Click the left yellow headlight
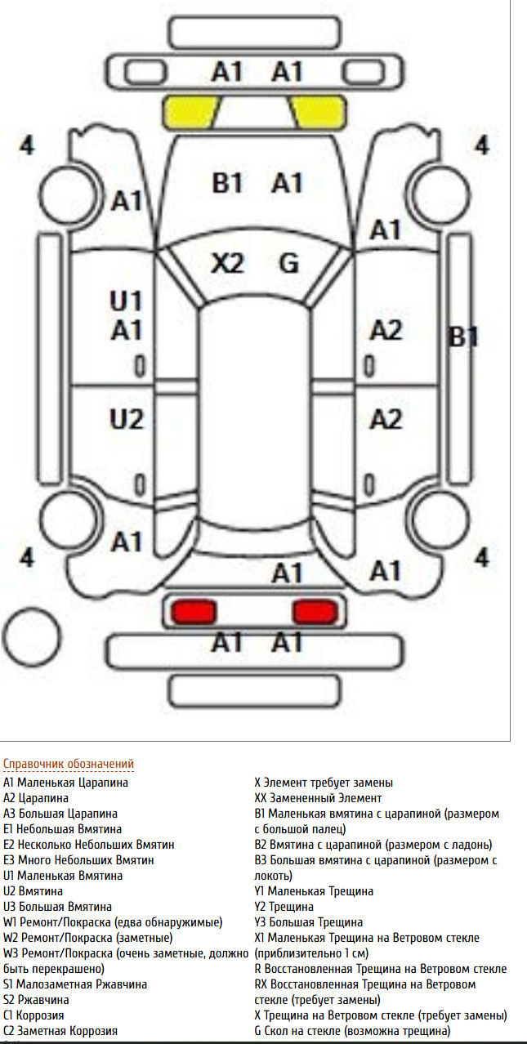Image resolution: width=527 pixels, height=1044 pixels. point(190,112)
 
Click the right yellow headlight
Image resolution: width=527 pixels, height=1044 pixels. point(319,112)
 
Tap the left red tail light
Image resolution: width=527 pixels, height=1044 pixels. point(194,612)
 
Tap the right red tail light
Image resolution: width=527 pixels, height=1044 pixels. point(315,612)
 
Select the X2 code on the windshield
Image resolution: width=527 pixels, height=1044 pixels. point(227,263)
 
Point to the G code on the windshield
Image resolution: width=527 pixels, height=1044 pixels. point(289,263)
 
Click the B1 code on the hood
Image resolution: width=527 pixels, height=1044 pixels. point(227,182)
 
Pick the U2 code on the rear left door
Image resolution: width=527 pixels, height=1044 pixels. point(127,419)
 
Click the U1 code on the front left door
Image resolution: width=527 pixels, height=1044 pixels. point(126,301)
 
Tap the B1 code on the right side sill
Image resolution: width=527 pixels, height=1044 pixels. point(462,337)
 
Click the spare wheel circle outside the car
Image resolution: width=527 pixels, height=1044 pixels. point(32,636)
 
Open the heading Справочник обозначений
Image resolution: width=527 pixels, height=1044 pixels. point(69,764)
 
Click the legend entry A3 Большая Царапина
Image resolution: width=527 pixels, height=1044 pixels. point(60,814)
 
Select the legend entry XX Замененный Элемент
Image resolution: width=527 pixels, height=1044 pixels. point(318,798)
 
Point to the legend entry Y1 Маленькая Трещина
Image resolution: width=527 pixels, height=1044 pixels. point(314,891)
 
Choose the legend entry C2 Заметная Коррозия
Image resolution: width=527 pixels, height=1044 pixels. point(60,1031)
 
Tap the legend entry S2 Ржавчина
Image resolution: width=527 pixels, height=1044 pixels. point(36,1000)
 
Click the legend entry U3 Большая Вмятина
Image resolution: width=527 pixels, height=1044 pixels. point(57,907)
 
